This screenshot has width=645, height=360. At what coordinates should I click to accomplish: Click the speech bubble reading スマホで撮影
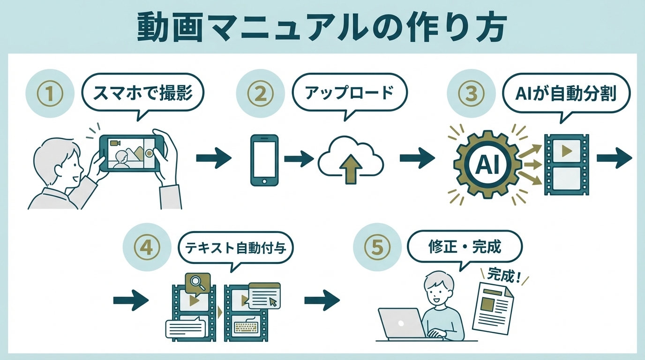143,93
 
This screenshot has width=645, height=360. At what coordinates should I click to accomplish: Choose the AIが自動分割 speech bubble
565,94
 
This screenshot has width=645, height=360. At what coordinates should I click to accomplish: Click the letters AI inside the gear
486,163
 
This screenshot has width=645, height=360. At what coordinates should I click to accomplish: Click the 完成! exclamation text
504,276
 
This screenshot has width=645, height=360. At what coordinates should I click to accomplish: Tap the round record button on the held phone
150,153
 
